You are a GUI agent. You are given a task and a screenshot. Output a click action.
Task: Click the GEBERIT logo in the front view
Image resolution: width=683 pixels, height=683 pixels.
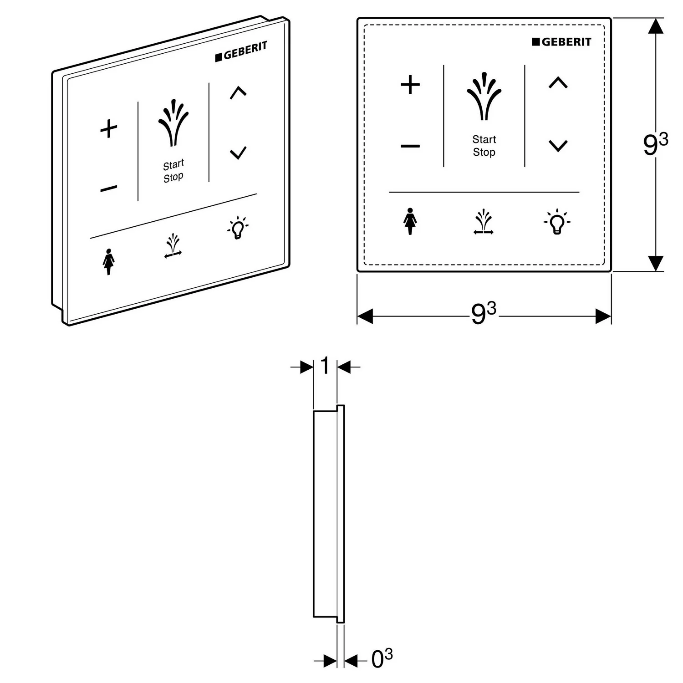click(561, 42)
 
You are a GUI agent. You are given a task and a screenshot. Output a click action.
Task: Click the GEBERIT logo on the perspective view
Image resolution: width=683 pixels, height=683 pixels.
click(241, 51)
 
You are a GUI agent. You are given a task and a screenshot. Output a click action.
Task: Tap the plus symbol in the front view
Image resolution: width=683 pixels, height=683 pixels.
click(410, 85)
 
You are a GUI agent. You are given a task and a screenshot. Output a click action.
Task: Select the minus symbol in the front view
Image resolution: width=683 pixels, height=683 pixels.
click(410, 146)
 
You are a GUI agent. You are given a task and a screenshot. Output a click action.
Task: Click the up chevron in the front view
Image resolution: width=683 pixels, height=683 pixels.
click(558, 82)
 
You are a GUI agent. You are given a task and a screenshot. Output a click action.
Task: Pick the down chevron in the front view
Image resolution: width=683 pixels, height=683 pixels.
click(558, 146)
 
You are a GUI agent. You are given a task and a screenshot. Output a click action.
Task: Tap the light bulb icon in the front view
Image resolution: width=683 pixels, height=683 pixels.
click(557, 222)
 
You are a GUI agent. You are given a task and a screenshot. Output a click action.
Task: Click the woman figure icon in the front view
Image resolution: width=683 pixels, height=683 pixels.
click(410, 221)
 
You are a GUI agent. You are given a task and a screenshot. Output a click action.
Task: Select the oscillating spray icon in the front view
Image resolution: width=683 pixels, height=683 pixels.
click(484, 222)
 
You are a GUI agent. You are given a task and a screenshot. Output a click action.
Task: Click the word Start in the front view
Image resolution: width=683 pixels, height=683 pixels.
click(484, 139)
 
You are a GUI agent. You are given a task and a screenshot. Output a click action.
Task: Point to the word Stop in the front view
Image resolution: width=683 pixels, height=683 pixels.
click(484, 152)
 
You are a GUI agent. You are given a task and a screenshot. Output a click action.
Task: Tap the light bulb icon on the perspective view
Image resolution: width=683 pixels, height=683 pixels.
click(237, 228)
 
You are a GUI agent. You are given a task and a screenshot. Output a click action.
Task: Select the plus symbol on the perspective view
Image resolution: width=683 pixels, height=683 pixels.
click(109, 128)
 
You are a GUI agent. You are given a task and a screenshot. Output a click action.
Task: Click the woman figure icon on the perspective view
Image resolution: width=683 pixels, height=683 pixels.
click(108, 262)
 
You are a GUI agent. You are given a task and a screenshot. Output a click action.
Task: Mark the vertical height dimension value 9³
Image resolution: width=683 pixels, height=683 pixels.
click(655, 144)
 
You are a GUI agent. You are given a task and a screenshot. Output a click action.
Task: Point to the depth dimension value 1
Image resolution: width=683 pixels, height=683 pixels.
click(325, 365)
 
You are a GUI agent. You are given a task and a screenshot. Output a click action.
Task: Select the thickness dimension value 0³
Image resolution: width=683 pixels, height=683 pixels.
click(382, 658)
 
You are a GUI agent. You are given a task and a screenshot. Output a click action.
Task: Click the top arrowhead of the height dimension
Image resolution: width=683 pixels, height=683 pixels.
click(655, 25)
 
